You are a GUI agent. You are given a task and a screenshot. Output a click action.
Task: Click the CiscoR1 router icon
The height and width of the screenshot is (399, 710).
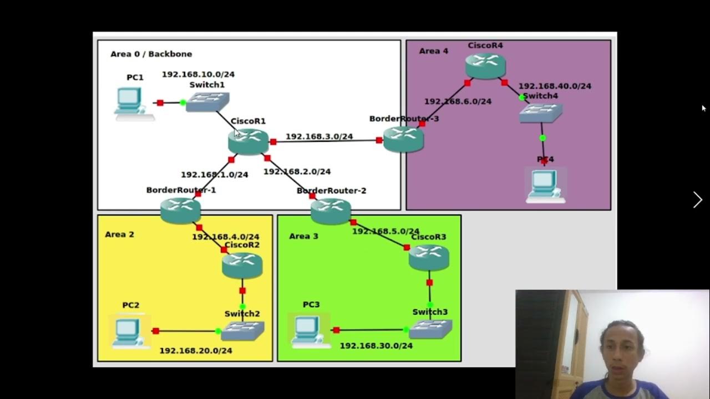[248, 141]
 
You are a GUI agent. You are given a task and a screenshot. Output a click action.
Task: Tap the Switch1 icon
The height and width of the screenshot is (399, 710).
[207, 102]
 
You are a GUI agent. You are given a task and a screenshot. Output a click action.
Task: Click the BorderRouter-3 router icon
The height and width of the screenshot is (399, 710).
[403, 139]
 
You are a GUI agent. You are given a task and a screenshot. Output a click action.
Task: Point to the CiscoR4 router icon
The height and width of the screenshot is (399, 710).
[485, 65]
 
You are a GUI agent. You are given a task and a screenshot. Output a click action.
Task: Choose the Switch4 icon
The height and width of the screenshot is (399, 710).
[541, 112]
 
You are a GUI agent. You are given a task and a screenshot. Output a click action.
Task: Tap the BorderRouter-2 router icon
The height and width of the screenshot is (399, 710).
[331, 211]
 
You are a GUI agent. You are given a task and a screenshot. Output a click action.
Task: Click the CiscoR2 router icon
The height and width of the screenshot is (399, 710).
[242, 265]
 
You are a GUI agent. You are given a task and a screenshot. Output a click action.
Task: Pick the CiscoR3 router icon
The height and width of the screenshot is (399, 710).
[429, 258]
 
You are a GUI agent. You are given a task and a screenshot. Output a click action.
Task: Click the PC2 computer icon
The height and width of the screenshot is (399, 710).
[129, 331]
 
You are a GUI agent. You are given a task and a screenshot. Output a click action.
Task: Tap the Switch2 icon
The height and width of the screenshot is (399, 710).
[242, 331]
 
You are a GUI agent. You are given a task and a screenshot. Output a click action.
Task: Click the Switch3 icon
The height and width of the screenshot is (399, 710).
[430, 329]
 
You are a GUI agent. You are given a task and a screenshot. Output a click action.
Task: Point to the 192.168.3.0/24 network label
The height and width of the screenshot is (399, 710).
[319, 136]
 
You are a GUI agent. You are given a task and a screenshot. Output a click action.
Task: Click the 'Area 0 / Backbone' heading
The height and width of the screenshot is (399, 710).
[151, 54]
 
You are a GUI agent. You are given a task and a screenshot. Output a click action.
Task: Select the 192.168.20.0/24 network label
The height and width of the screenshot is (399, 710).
[195, 350]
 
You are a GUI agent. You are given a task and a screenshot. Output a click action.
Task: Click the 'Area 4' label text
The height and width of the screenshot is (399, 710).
[433, 51]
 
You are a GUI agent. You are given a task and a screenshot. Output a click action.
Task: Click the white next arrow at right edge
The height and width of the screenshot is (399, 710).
[697, 199]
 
